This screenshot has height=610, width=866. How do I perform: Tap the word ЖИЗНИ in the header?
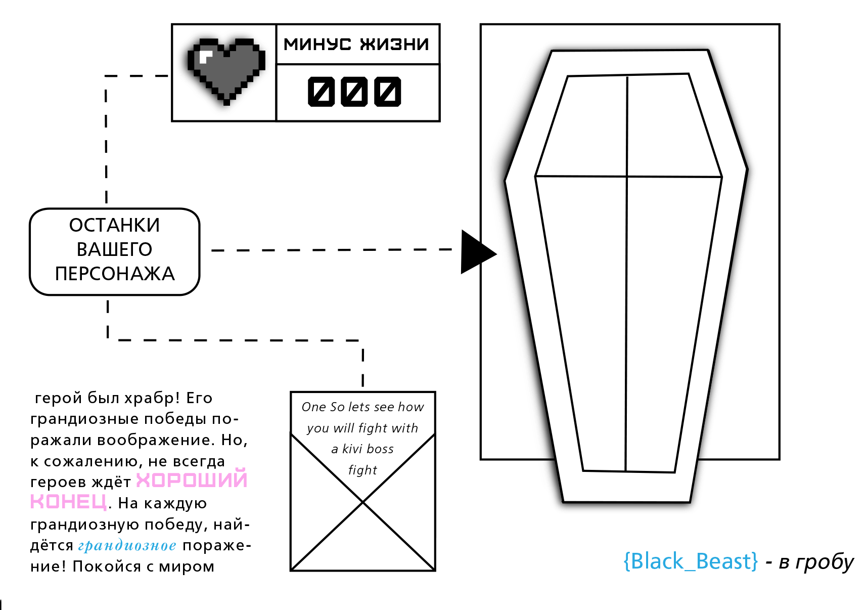point(394,45)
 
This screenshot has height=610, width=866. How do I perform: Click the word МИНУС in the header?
point(317,45)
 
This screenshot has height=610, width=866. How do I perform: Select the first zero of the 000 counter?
point(321,92)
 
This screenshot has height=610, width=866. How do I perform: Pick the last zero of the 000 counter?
point(388,92)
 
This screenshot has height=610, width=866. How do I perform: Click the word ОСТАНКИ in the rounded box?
point(115,226)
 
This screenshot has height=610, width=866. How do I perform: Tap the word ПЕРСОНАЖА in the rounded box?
point(115,274)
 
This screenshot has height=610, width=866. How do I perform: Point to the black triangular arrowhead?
point(475,252)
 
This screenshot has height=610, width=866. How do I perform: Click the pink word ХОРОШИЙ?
point(192,480)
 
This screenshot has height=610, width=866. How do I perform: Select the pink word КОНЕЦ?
point(69,502)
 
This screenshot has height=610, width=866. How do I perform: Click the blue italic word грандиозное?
point(127,545)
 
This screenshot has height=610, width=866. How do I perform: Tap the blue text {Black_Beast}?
point(691,561)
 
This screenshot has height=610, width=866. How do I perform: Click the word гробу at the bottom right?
point(825,562)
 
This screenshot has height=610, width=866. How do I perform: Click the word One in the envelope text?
point(314,407)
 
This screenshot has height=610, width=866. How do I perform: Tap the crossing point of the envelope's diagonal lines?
point(363,502)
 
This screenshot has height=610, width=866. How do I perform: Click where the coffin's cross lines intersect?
point(627,177)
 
